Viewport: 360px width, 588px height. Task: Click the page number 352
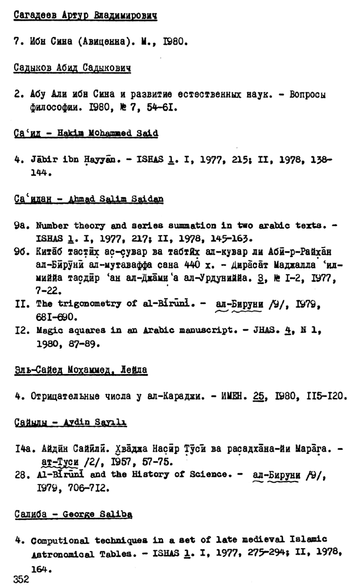click(x=21, y=580)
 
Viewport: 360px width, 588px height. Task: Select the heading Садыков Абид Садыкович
click(x=72, y=68)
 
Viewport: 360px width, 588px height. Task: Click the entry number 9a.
click(x=19, y=226)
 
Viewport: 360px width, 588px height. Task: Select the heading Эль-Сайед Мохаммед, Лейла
click(x=81, y=369)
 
